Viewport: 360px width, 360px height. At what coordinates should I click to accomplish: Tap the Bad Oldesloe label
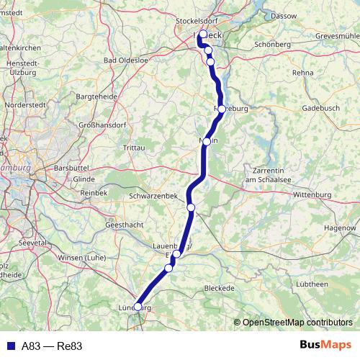click(x=126, y=60)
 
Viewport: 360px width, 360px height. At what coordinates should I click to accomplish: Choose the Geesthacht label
click(x=127, y=225)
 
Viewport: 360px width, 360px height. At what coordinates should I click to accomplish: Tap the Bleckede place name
click(x=220, y=288)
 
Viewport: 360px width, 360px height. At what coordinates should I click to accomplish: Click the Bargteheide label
click(x=96, y=96)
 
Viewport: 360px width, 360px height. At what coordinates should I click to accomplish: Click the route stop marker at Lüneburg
click(x=138, y=307)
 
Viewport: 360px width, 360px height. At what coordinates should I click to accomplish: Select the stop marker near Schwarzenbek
click(x=191, y=207)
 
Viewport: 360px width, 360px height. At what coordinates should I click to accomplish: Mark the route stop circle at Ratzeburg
click(x=222, y=109)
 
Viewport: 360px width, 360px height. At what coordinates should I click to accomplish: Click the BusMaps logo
click(x=325, y=346)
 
